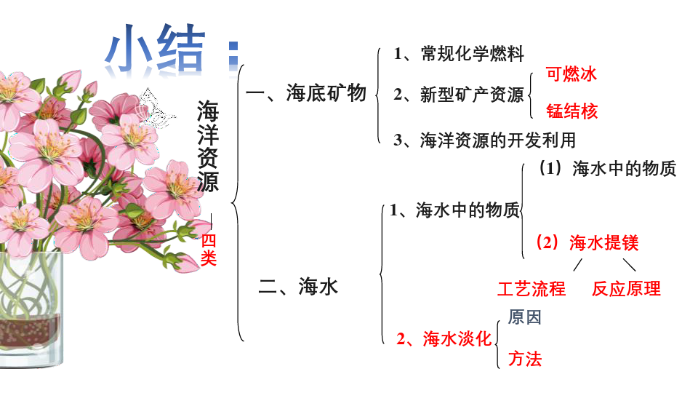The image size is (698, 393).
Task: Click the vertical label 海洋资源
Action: click(208, 146)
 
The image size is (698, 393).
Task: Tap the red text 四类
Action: click(209, 249)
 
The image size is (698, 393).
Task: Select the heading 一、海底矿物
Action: click(305, 93)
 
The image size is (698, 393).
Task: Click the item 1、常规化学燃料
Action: click(458, 53)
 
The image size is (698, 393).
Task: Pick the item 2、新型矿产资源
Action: click(458, 95)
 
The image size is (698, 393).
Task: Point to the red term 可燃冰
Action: click(571, 74)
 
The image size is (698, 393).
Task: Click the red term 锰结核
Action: click(571, 111)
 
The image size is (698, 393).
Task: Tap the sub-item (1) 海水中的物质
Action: click(608, 169)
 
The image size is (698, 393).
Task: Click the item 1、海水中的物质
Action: click(454, 211)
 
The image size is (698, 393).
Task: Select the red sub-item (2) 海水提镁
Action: click(587, 242)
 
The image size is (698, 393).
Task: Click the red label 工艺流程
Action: click(531, 289)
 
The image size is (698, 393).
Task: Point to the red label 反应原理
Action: click(626, 289)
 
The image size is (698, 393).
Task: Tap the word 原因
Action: click(525, 317)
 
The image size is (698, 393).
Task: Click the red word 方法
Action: click(525, 359)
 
